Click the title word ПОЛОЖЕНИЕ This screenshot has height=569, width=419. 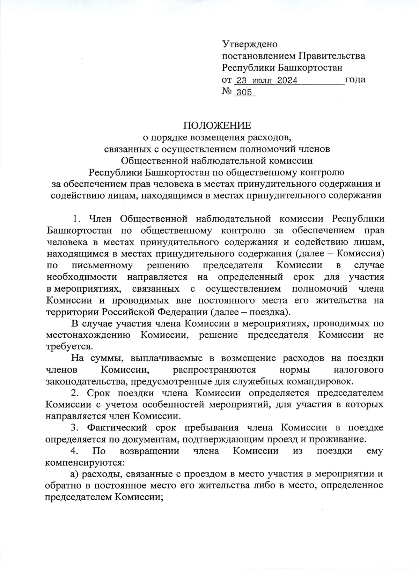217,126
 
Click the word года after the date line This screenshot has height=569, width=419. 355,80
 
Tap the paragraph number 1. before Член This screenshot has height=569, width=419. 77,219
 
